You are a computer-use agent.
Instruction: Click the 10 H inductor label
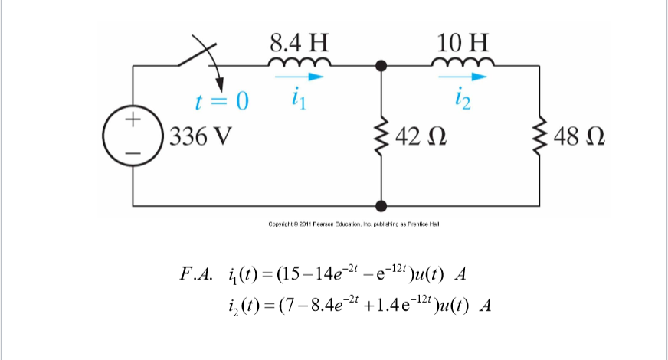pos(461,40)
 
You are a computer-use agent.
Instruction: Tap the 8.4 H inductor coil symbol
pos(300,61)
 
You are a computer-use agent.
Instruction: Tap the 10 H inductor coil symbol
pos(461,61)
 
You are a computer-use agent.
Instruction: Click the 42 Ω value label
pos(418,138)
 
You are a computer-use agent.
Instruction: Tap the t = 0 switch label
pos(222,101)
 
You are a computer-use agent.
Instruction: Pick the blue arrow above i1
pos(300,77)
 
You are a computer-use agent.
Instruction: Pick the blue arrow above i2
pos(463,77)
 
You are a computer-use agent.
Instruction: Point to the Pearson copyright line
pos(353,224)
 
